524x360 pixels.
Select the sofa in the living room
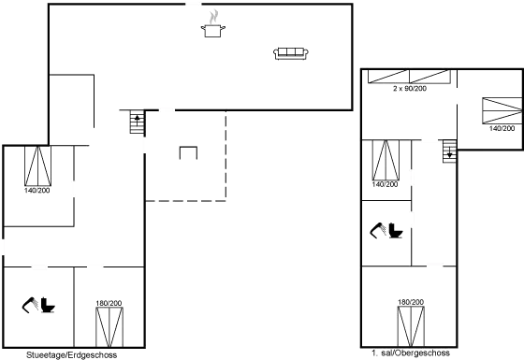291,53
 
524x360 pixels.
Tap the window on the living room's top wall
194,4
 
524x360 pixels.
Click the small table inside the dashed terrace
188,151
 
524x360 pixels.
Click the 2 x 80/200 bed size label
410,89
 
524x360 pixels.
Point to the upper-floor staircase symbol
448,148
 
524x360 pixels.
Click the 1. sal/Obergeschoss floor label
410,354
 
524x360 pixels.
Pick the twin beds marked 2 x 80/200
410,77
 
